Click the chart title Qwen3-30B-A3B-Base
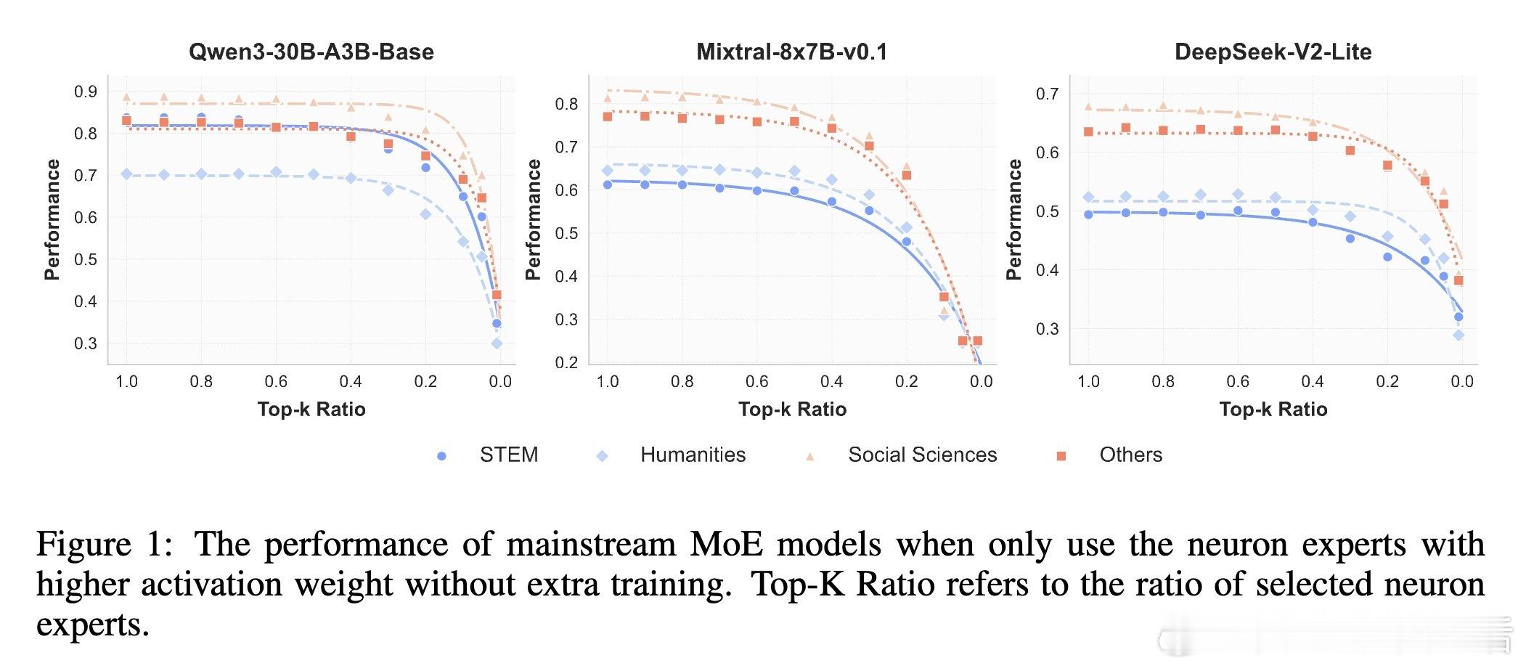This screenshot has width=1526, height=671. [x=311, y=52]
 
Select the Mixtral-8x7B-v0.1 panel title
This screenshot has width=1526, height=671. [x=791, y=52]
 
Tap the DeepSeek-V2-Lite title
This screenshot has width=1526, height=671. [x=1273, y=52]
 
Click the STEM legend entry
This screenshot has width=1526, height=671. [x=508, y=455]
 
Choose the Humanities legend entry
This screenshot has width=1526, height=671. [x=693, y=455]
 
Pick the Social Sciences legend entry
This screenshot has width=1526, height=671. [x=922, y=455]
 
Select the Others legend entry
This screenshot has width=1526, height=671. [x=1130, y=455]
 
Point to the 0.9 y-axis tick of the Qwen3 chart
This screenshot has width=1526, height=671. [x=86, y=91]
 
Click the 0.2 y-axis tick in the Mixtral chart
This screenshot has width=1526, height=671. [x=566, y=362]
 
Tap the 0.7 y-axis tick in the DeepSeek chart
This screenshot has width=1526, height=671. [x=1047, y=94]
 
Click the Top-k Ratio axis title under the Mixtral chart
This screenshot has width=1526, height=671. [x=792, y=410]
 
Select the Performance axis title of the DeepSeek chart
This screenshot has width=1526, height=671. [x=1013, y=219]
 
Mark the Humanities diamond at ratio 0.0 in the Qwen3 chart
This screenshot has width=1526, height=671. [x=497, y=343]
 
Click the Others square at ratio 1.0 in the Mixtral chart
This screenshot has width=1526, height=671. [x=608, y=116]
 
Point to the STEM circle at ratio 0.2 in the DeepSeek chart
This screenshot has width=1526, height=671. [x=1387, y=257]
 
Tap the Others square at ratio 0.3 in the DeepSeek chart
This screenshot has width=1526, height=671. [x=1350, y=150]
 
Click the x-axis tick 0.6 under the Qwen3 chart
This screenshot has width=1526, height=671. [x=276, y=382]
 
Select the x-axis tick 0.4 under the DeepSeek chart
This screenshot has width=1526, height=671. [x=1313, y=382]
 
